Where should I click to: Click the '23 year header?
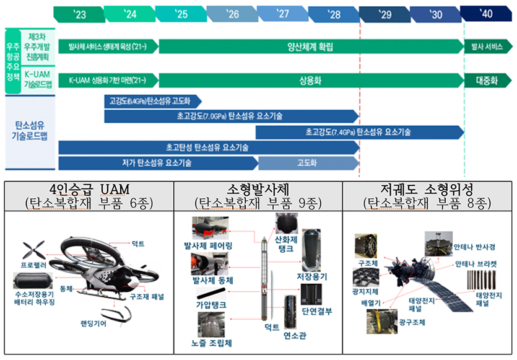(x=79, y=14)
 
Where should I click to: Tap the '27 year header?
(x=282, y=14)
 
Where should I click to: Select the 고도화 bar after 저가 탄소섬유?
(x=308, y=164)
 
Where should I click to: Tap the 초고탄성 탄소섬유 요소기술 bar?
(x=208, y=147)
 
